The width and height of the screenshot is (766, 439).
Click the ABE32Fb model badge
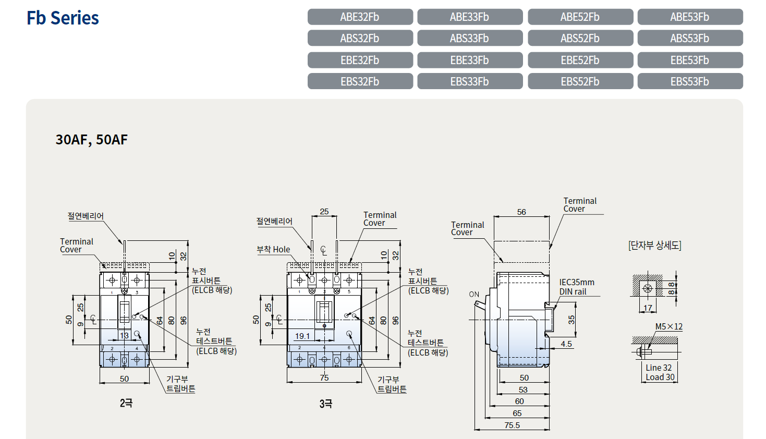tap(360, 17)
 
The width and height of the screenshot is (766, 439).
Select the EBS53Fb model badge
tap(690, 81)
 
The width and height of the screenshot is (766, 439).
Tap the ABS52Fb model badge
tap(580, 38)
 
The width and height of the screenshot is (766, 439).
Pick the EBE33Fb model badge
tap(470, 60)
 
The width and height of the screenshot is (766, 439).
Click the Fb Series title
tap(63, 18)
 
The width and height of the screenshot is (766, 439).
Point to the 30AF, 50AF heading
tap(91, 140)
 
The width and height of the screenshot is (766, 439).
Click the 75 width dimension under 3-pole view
tap(324, 378)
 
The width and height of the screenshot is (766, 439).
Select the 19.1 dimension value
tap(302, 336)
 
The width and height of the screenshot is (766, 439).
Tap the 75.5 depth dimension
tap(512, 425)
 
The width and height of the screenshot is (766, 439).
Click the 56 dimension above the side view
tap(521, 212)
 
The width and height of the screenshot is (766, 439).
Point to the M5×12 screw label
tap(669, 326)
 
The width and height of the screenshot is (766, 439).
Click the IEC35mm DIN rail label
tap(577, 287)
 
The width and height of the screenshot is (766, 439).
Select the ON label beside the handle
tap(474, 295)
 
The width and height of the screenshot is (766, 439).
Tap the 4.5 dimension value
tap(566, 344)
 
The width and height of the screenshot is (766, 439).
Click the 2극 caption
tap(126, 403)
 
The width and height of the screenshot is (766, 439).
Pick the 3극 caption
tap(326, 404)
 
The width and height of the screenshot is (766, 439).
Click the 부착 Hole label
tap(273, 250)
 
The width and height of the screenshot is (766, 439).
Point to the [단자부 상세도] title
tap(654, 246)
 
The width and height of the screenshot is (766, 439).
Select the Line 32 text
tap(659, 368)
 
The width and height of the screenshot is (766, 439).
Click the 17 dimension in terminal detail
tap(648, 308)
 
